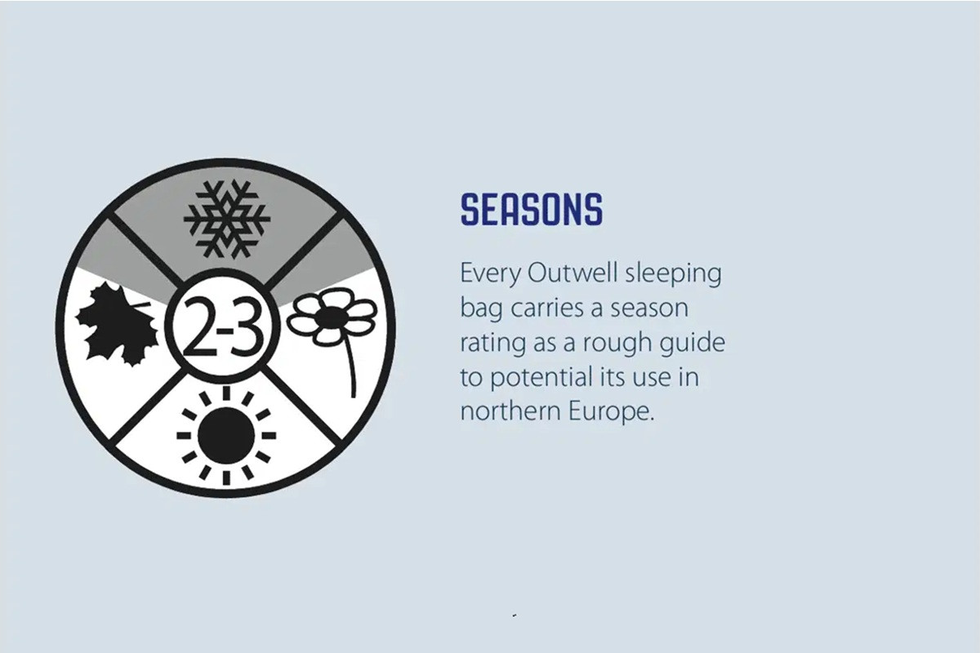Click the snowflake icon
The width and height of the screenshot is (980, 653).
(x=227, y=219)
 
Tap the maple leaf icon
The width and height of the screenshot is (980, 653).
(x=118, y=324)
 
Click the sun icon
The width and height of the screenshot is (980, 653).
(x=226, y=436)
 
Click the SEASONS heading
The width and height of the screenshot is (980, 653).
(x=532, y=210)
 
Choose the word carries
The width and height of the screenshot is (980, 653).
(x=549, y=309)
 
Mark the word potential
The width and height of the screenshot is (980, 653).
(x=541, y=378)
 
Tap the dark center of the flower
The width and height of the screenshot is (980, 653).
(x=333, y=316)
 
